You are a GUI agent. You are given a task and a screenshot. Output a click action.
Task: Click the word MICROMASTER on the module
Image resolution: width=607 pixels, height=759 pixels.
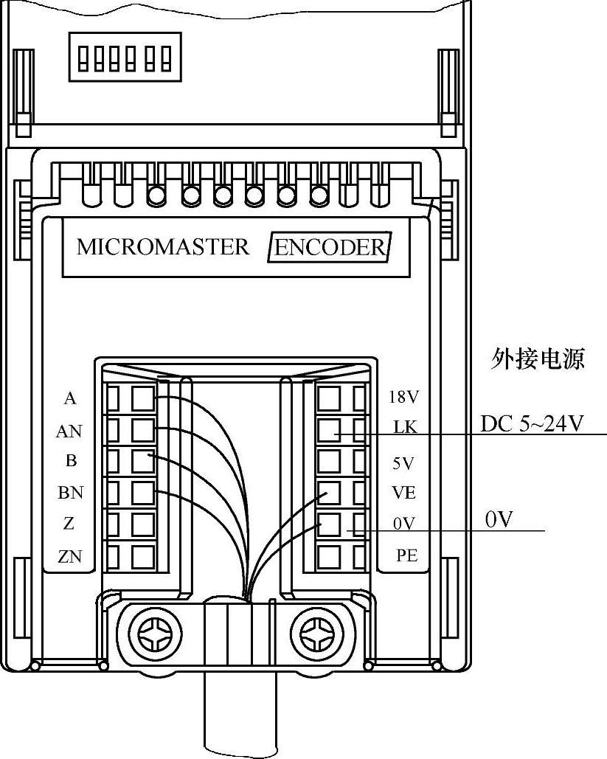click(x=163, y=246)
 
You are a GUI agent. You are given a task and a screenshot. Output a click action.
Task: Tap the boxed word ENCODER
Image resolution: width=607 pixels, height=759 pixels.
click(x=329, y=247)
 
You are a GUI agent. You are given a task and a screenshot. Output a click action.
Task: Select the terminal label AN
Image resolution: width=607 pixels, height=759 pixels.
click(x=69, y=432)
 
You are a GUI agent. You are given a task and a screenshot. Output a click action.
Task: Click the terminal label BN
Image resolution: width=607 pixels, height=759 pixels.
click(x=70, y=492)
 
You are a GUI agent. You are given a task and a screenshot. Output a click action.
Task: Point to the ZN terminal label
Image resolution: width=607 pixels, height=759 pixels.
click(x=70, y=556)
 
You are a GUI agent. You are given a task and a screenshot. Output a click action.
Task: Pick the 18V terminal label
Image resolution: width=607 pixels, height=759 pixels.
click(x=403, y=398)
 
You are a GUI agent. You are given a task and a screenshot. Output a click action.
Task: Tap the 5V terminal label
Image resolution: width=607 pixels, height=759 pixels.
click(x=403, y=464)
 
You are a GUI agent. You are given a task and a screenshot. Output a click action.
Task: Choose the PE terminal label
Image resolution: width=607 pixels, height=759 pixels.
click(x=407, y=555)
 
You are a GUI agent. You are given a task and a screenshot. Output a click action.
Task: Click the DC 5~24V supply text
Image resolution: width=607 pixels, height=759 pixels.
click(x=533, y=424)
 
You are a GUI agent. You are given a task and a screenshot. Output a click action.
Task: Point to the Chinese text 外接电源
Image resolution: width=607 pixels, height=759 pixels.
click(x=538, y=359)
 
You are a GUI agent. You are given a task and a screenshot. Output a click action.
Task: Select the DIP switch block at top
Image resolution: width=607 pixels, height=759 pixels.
click(x=125, y=56)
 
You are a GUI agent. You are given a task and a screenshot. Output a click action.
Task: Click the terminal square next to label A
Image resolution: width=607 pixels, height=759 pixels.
click(x=143, y=398)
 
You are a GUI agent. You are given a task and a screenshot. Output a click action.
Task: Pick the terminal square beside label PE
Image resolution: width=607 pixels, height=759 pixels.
click(x=330, y=555)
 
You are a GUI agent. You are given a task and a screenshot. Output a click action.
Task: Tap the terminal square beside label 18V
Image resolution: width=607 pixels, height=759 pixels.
click(x=330, y=398)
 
